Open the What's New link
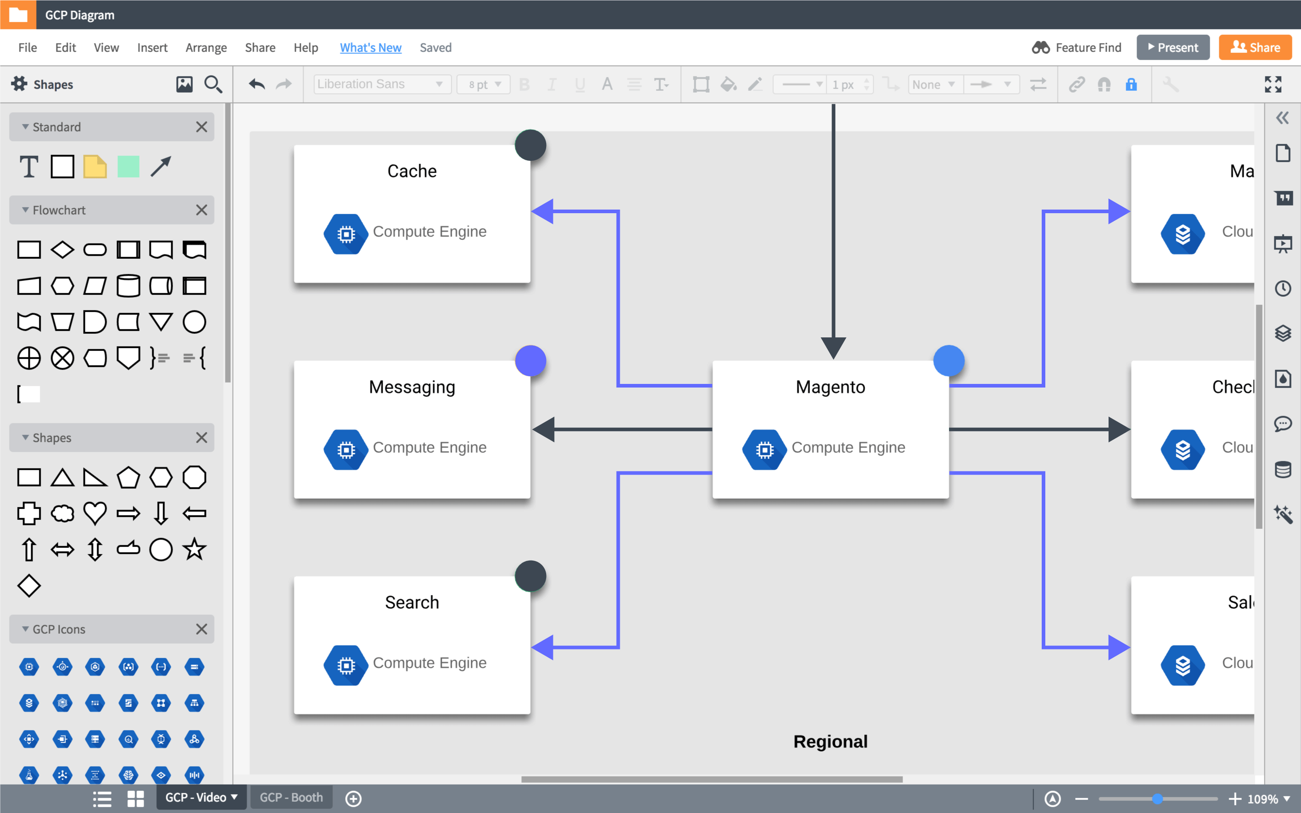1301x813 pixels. (370, 47)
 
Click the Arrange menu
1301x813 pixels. (206, 47)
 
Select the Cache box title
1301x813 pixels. (412, 171)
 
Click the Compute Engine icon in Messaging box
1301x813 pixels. (346, 449)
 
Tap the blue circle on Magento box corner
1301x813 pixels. (949, 360)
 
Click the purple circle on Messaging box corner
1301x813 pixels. (531, 360)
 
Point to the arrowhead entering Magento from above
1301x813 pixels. (833, 347)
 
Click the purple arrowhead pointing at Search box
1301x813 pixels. (543, 646)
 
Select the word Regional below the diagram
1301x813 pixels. (830, 742)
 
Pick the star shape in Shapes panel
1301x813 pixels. (194, 549)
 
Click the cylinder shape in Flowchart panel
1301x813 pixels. (128, 285)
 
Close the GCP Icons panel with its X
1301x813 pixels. (201, 629)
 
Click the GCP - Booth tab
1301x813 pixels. (291, 797)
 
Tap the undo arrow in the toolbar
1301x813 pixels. (257, 84)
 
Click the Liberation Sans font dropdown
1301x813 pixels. (381, 84)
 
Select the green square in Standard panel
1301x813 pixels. (128, 167)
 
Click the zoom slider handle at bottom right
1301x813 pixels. (1157, 799)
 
